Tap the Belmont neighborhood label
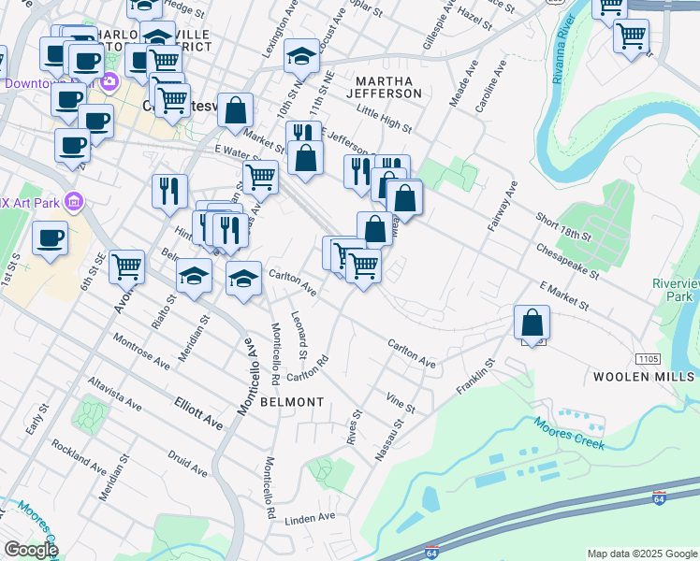tap(292, 402)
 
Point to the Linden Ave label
tap(310, 517)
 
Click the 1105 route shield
tap(648, 359)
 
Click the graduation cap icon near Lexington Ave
tap(302, 56)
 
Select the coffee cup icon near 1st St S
tap(50, 237)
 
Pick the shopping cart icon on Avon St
tap(126, 266)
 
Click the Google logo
tap(32, 550)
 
